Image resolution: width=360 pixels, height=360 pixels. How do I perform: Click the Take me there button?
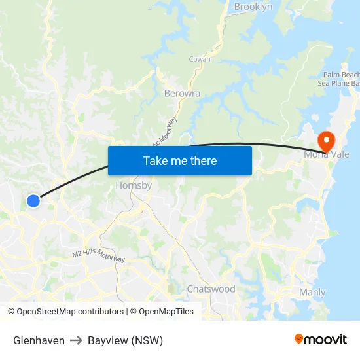click(x=180, y=160)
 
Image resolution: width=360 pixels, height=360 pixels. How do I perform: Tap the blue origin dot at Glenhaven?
click(x=33, y=201)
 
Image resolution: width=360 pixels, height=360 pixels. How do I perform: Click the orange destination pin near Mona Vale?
click(x=325, y=140)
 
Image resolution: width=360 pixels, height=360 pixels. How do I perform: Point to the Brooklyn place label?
click(x=253, y=7)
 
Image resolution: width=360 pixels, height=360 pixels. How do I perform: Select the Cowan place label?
click(x=200, y=59)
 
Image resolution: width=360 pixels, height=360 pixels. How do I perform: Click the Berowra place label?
click(x=182, y=93)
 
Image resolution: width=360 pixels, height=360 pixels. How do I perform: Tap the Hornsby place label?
click(x=134, y=185)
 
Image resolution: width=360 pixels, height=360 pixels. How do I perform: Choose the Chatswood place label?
click(x=211, y=289)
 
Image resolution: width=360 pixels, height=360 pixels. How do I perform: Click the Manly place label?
click(x=312, y=292)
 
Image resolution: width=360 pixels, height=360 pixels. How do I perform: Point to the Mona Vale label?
click(x=327, y=154)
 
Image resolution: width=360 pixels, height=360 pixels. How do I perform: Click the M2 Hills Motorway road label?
click(x=98, y=256)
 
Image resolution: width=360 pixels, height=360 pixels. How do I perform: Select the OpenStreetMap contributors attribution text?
click(x=65, y=312)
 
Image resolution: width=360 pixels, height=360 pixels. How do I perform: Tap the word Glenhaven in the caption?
click(x=39, y=340)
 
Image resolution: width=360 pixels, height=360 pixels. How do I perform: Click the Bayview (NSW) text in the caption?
click(x=125, y=340)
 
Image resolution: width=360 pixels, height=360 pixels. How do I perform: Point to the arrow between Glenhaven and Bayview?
click(x=76, y=340)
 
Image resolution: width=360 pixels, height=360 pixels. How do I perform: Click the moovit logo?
click(x=320, y=339)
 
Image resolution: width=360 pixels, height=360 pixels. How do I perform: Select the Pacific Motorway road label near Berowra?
click(x=165, y=131)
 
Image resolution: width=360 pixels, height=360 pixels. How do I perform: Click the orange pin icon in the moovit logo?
click(x=299, y=339)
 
